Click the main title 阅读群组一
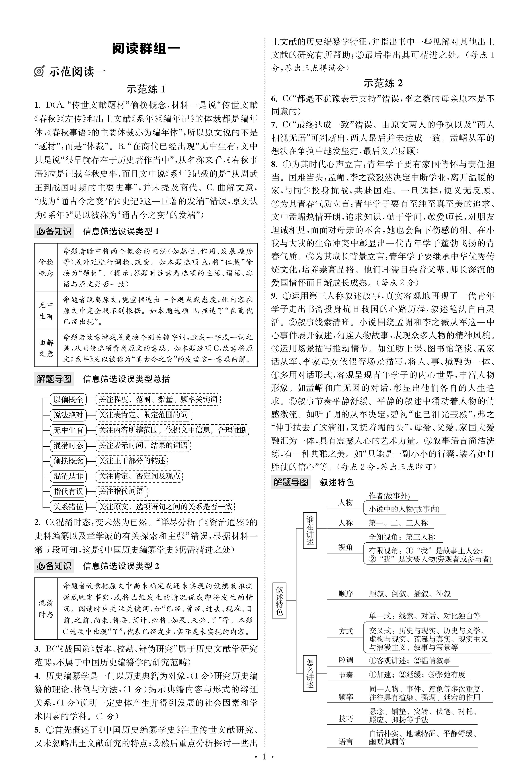pos(146,49)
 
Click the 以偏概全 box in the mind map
pos(68,400)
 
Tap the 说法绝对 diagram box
pos(68,415)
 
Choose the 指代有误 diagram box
pos(68,491)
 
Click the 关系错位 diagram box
pos(68,506)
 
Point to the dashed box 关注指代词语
pos(121,491)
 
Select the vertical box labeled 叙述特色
pos(279,601)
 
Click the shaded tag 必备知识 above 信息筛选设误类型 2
pos(54,566)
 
